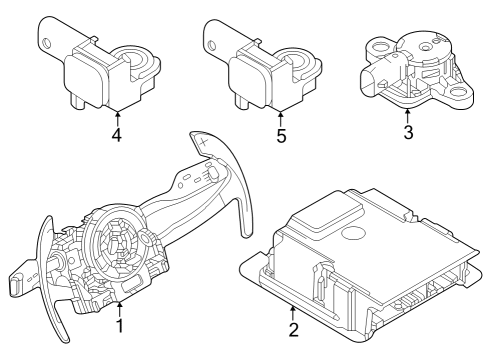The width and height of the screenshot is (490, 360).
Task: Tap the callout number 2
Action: point(293,329)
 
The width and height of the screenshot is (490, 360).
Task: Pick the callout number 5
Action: point(281,135)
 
